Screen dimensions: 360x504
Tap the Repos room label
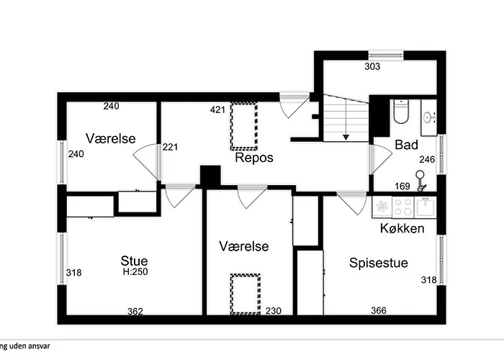click(254, 158)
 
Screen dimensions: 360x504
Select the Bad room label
click(406, 145)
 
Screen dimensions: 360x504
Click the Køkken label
click(402, 228)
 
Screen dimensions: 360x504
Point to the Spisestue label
click(379, 263)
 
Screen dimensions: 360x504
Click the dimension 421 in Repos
click(218, 110)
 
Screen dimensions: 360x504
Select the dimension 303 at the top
click(372, 67)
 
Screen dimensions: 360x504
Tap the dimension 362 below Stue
click(135, 311)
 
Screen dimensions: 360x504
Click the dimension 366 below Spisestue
click(379, 311)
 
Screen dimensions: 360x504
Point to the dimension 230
click(274, 311)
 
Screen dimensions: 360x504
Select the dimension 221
click(170, 147)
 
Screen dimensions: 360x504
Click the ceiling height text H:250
click(134, 272)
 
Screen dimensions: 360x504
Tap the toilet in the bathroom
click(401, 112)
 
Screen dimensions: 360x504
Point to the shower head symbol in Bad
click(420, 180)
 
